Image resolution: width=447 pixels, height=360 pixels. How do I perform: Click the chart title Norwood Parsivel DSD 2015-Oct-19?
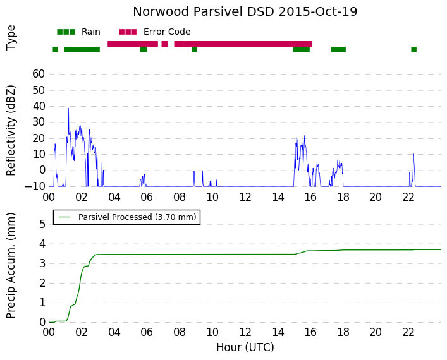click(x=245, y=12)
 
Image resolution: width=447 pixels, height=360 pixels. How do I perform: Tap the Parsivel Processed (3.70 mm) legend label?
click(x=137, y=217)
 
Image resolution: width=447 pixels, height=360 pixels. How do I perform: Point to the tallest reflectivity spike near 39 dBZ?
click(x=68, y=109)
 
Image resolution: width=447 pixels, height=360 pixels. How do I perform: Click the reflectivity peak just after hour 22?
click(x=413, y=154)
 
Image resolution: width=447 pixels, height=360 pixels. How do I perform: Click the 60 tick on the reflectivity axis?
click(x=39, y=74)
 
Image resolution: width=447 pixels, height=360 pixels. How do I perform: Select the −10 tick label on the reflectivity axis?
click(x=35, y=186)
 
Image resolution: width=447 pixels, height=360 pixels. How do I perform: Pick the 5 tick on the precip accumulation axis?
click(x=42, y=224)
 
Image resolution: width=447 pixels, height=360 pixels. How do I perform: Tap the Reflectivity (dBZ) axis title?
click(x=11, y=131)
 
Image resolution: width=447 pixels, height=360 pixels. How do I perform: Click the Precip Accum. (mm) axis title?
click(x=11, y=266)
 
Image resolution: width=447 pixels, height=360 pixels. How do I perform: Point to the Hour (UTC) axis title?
click(x=245, y=347)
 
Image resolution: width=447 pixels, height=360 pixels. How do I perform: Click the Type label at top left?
click(x=11, y=37)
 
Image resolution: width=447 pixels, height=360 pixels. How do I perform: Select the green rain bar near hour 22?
click(x=413, y=49)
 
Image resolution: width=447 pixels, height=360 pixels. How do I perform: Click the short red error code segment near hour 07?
click(x=165, y=44)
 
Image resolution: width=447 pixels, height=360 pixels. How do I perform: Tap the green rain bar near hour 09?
click(x=195, y=49)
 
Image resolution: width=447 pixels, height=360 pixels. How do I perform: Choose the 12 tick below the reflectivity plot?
click(x=245, y=197)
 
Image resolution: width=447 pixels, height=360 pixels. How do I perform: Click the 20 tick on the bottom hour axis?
click(x=376, y=332)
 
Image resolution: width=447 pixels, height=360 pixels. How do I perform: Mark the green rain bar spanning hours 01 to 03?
click(x=82, y=49)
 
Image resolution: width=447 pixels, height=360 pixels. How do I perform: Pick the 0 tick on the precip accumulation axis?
click(x=42, y=322)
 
